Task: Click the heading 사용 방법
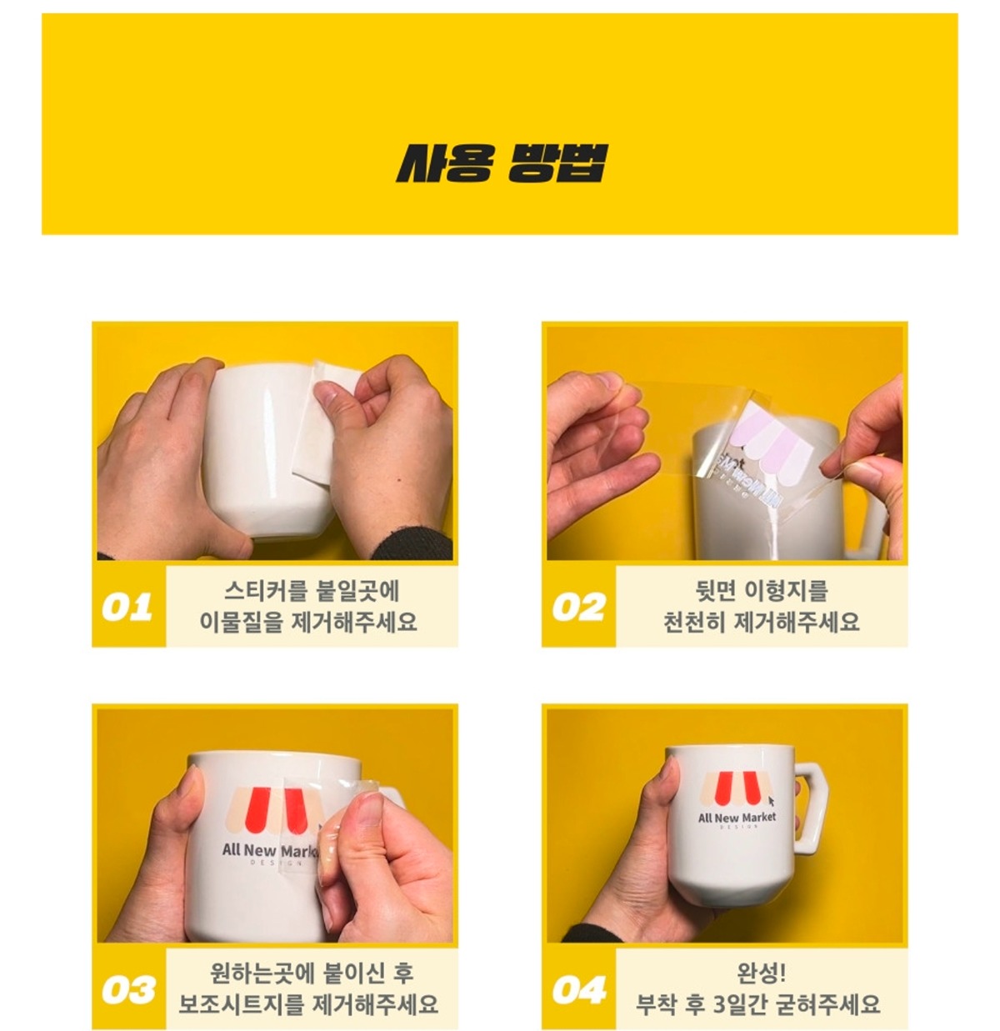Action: click(x=501, y=163)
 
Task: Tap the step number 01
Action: click(x=127, y=607)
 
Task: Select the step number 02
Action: click(x=578, y=607)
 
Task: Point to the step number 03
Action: click(x=128, y=989)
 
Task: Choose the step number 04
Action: click(x=579, y=989)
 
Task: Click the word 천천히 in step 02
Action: click(x=694, y=622)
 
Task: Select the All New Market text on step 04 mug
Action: click(x=737, y=818)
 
